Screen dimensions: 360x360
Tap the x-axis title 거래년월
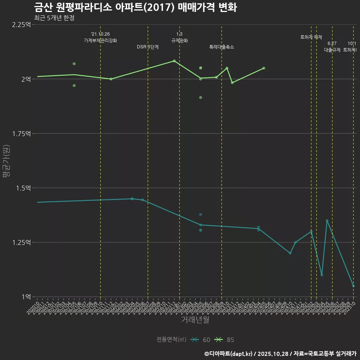pyautogui.click(x=195, y=320)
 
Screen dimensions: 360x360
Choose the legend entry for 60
pyautogui.click(x=200, y=340)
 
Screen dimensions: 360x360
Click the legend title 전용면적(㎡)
pyautogui.click(x=171, y=340)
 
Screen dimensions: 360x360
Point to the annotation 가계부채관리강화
pyautogui.click(x=100, y=40)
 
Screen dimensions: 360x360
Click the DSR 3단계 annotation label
pyautogui.click(x=148, y=47)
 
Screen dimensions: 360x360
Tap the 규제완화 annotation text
pyautogui.click(x=179, y=40)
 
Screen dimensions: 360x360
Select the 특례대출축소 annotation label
pyautogui.click(x=222, y=47)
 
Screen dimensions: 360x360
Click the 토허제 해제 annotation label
pyautogui.click(x=311, y=37)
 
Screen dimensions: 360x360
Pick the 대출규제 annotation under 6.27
pyautogui.click(x=332, y=50)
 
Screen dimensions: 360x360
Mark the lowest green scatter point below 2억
pyautogui.click(x=201, y=97)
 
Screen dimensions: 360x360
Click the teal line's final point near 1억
pyautogui.click(x=353, y=286)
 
